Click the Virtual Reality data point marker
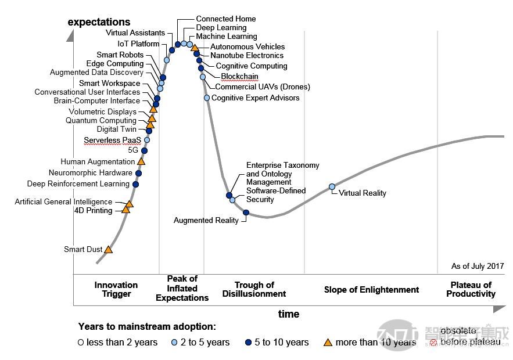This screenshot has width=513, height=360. pos(332,187)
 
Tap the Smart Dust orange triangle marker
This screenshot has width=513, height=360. pos(108,250)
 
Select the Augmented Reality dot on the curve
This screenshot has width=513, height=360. pos(246,213)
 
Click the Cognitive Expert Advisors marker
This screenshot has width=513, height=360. pos(207,98)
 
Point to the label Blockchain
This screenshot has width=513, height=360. pos(239,76)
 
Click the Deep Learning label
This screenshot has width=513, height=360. pos(221,27)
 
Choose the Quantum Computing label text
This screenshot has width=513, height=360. pos(101,121)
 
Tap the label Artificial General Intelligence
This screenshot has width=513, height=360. pos(64,202)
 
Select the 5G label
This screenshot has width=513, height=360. pos(134,150)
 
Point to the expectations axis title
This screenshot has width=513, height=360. pos(99,22)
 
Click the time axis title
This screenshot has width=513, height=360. pos(289,314)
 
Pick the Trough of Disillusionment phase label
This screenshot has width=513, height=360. pos(254,289)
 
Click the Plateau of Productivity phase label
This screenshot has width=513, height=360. pos(471,289)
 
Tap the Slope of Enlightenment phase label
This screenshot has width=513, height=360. pos(371,290)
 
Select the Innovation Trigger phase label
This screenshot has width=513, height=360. pos(116,289)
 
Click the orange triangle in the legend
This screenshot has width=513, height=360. pos(328,343)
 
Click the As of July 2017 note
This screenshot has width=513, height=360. pos(478,267)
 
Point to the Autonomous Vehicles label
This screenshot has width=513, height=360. pos(247,46)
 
